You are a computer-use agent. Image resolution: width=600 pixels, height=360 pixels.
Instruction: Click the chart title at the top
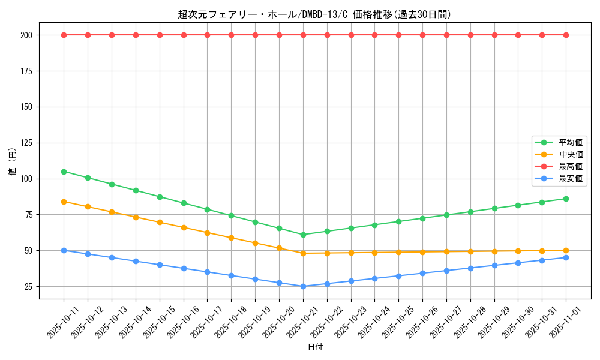click(314, 14)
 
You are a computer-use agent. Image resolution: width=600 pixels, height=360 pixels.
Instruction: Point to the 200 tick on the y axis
click(28, 35)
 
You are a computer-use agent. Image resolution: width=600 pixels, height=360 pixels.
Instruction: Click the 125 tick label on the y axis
click(28, 143)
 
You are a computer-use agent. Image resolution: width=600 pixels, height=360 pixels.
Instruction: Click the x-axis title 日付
click(315, 347)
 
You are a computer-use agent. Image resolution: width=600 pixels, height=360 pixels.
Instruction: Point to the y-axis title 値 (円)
click(12, 162)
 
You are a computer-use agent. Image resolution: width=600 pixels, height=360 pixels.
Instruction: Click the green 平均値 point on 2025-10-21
click(303, 235)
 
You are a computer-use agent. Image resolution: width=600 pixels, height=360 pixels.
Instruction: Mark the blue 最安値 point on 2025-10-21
click(303, 286)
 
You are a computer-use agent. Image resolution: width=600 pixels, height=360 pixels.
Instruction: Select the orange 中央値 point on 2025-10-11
click(64, 202)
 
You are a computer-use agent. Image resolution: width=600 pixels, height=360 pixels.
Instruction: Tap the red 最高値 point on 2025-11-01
click(566, 35)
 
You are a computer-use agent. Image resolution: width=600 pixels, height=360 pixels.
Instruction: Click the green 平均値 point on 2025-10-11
click(64, 172)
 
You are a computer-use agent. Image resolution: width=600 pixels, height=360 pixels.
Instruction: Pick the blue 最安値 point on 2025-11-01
click(566, 257)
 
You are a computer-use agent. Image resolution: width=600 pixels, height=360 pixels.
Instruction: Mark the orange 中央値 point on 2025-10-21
click(303, 253)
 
